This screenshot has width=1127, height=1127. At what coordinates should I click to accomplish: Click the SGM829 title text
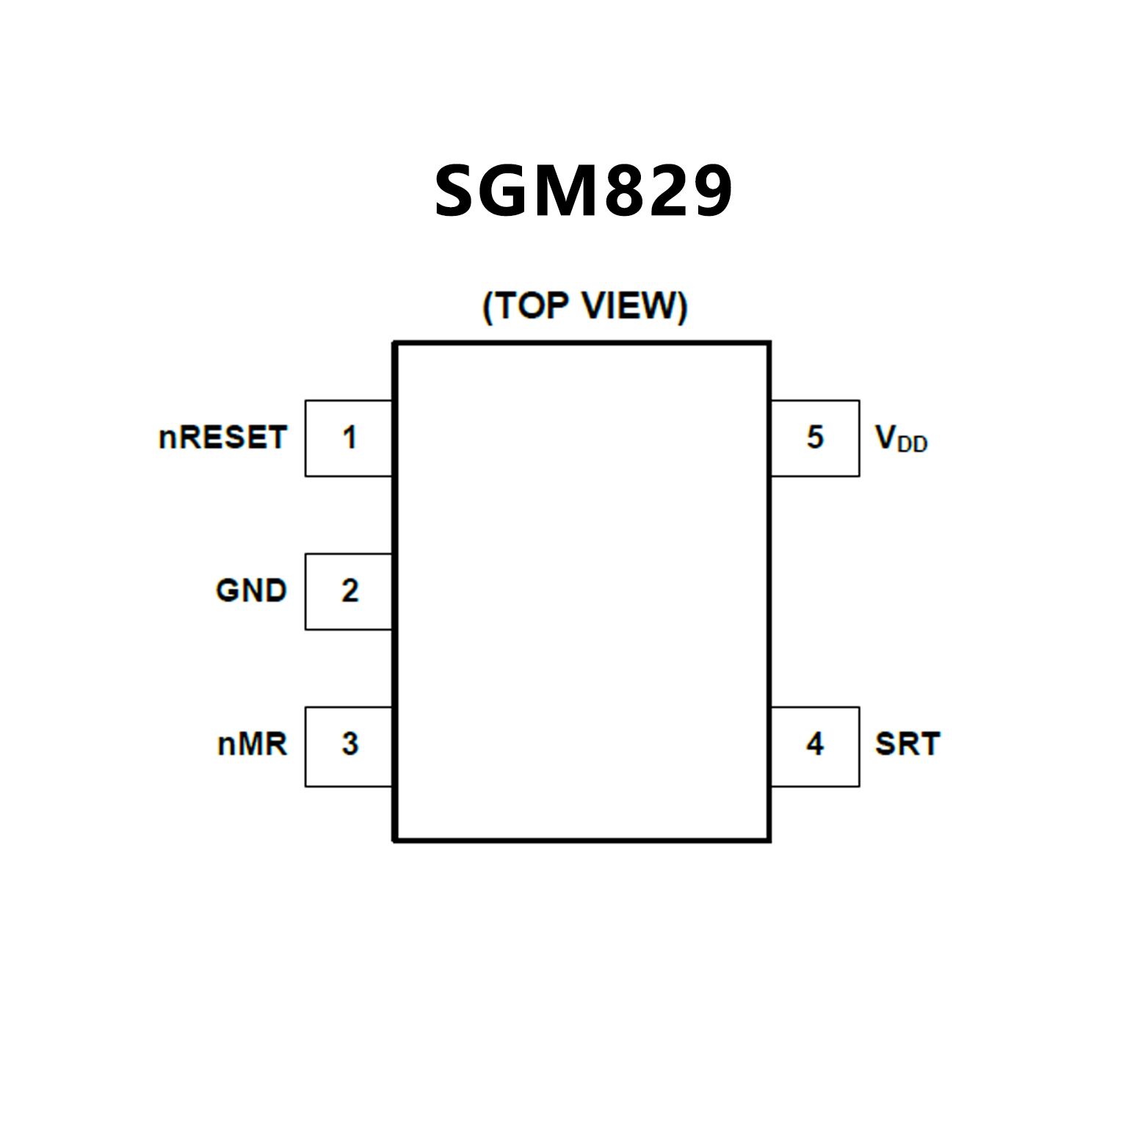click(583, 191)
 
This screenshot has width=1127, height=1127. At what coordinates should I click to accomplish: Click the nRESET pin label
click(222, 438)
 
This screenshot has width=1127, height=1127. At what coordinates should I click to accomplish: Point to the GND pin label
click(251, 591)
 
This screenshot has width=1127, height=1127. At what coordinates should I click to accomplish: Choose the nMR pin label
click(253, 744)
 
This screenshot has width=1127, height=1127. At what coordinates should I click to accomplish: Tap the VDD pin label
click(901, 438)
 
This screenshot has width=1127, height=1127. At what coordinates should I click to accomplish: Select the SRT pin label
click(907, 744)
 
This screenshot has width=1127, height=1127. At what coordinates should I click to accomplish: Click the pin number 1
click(349, 438)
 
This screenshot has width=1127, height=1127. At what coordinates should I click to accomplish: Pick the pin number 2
click(349, 591)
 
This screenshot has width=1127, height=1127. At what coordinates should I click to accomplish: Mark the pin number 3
click(349, 744)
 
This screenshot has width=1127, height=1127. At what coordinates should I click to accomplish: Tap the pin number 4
click(815, 744)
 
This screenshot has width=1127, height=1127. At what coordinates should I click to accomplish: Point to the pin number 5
click(815, 438)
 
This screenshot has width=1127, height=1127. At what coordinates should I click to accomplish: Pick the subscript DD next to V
click(913, 444)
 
